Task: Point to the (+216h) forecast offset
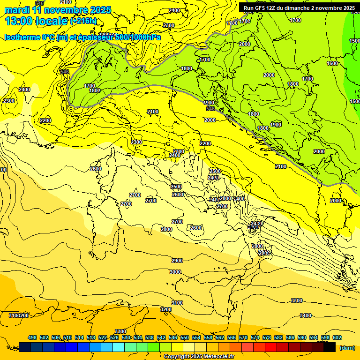coord(83,21)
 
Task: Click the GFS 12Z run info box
coord(298,7)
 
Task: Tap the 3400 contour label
coord(305,315)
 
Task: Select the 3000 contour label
coord(175,272)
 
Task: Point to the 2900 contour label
coord(177,261)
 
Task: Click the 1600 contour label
coord(332,63)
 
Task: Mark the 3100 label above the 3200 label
coord(177,303)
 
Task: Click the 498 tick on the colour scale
coord(32,337)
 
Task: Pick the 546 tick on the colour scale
coord(173,337)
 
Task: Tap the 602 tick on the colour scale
coord(337,337)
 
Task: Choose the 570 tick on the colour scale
coord(243,337)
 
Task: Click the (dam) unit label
coord(347,347)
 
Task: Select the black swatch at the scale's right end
coord(330,347)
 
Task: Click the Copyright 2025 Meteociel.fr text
coord(199,356)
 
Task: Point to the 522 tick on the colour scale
coord(103,337)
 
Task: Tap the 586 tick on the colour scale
coord(290,337)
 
